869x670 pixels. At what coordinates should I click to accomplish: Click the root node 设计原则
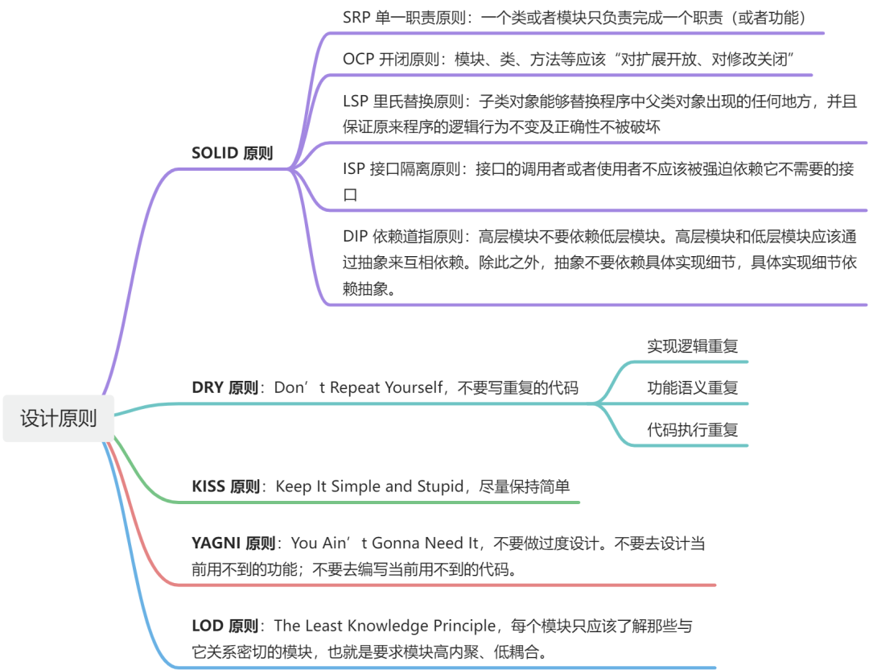click(x=58, y=419)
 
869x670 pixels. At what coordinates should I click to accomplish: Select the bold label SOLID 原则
click(x=232, y=153)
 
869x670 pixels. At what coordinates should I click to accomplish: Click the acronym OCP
click(x=358, y=59)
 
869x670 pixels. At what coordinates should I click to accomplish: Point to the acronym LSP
click(x=356, y=102)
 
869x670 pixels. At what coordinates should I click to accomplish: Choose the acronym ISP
click(x=354, y=169)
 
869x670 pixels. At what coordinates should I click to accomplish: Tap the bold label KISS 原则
click(x=226, y=486)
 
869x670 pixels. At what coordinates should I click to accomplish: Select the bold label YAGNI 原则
click(x=234, y=544)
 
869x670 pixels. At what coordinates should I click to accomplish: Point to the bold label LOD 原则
click(x=225, y=626)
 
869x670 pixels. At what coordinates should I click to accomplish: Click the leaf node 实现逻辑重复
click(x=692, y=346)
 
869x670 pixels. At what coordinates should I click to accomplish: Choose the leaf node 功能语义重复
click(x=692, y=388)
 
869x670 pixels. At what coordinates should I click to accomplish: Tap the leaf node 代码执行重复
click(x=692, y=430)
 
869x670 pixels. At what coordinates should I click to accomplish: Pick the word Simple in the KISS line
click(x=356, y=486)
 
